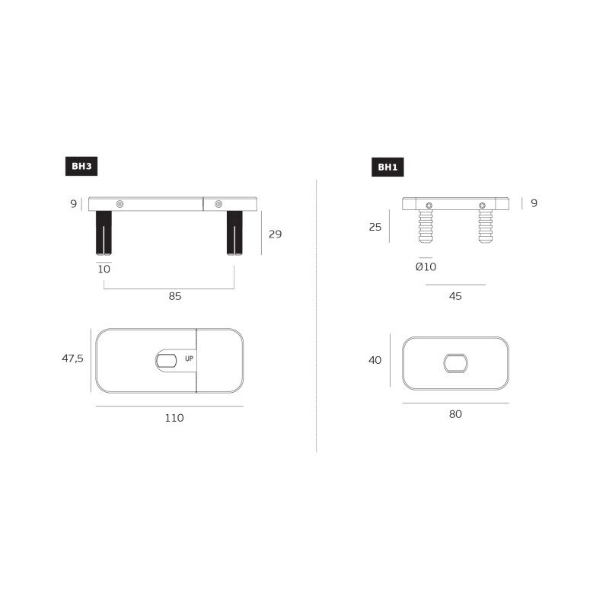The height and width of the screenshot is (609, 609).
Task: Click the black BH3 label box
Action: pos(81,166)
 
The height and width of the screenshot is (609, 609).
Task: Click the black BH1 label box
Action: pos(387,167)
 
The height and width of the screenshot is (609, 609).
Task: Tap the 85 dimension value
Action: pos(175,296)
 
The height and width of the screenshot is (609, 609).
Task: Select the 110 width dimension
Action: pos(174,418)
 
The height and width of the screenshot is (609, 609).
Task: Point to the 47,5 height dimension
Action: pos(72,358)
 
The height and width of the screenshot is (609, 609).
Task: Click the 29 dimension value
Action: pos(275,234)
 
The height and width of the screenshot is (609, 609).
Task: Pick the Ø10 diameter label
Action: pos(426,267)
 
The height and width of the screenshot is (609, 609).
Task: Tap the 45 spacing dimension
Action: pos(455,296)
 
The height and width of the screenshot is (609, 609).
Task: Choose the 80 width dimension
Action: pos(455,414)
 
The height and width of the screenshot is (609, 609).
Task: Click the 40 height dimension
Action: pos(375,360)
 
